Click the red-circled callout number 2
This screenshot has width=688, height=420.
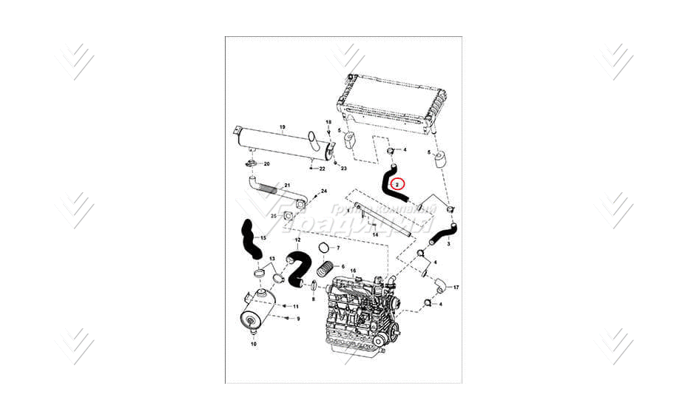tap(398, 184)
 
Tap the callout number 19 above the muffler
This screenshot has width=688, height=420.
tap(282, 127)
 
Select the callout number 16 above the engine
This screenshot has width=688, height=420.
tap(353, 271)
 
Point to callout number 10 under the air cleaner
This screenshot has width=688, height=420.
tap(253, 344)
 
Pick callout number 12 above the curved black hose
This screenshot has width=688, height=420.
tap(297, 240)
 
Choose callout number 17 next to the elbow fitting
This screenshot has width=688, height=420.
tap(456, 287)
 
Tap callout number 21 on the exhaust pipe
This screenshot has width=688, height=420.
tap(287, 184)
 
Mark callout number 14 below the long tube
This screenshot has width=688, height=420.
tap(375, 234)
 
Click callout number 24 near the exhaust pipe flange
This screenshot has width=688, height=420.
tap(323, 191)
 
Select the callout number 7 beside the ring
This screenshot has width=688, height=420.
tap(337, 248)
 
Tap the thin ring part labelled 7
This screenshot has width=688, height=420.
tap(323, 248)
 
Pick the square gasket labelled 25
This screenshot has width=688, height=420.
tap(289, 216)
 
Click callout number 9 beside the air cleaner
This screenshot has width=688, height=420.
tap(298, 319)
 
